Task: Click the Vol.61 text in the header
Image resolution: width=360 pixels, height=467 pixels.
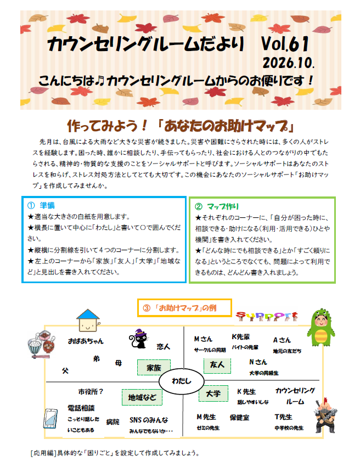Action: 285,44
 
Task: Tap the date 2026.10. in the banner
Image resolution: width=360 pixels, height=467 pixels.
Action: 288,63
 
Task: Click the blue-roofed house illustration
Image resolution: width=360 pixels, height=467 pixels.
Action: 88,320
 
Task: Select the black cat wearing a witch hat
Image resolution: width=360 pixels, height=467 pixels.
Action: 138,339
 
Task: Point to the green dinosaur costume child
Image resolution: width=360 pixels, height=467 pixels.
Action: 320,327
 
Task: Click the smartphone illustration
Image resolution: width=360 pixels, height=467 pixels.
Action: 50,419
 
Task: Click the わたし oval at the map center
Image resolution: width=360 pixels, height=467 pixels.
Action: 181,381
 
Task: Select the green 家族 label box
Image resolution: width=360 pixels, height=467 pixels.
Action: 154,368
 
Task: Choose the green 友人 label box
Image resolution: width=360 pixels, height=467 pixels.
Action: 217,365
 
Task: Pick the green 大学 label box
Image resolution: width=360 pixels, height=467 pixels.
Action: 213,393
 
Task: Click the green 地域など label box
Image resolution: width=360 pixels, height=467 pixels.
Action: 142,397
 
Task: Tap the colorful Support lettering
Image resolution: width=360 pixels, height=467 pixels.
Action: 267,316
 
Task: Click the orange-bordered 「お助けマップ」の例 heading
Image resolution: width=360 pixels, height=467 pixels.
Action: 184,308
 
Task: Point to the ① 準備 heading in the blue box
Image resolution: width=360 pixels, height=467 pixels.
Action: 41,205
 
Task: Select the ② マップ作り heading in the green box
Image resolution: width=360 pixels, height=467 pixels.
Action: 217,206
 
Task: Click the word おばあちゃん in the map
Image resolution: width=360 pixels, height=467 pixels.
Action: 86,341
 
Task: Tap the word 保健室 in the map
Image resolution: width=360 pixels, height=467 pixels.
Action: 239,418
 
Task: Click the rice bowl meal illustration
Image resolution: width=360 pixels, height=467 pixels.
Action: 41,344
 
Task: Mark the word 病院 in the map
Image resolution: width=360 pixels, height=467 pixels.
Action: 113,422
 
